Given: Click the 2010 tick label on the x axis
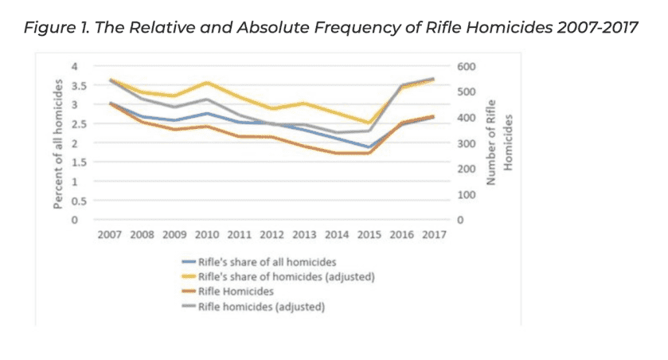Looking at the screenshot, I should (x=208, y=237).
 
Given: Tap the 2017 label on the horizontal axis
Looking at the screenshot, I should (x=434, y=237).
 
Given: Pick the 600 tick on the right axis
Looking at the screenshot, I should (x=465, y=66).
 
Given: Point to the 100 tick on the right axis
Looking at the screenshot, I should (x=465, y=194).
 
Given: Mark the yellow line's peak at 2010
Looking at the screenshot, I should (x=208, y=82).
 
